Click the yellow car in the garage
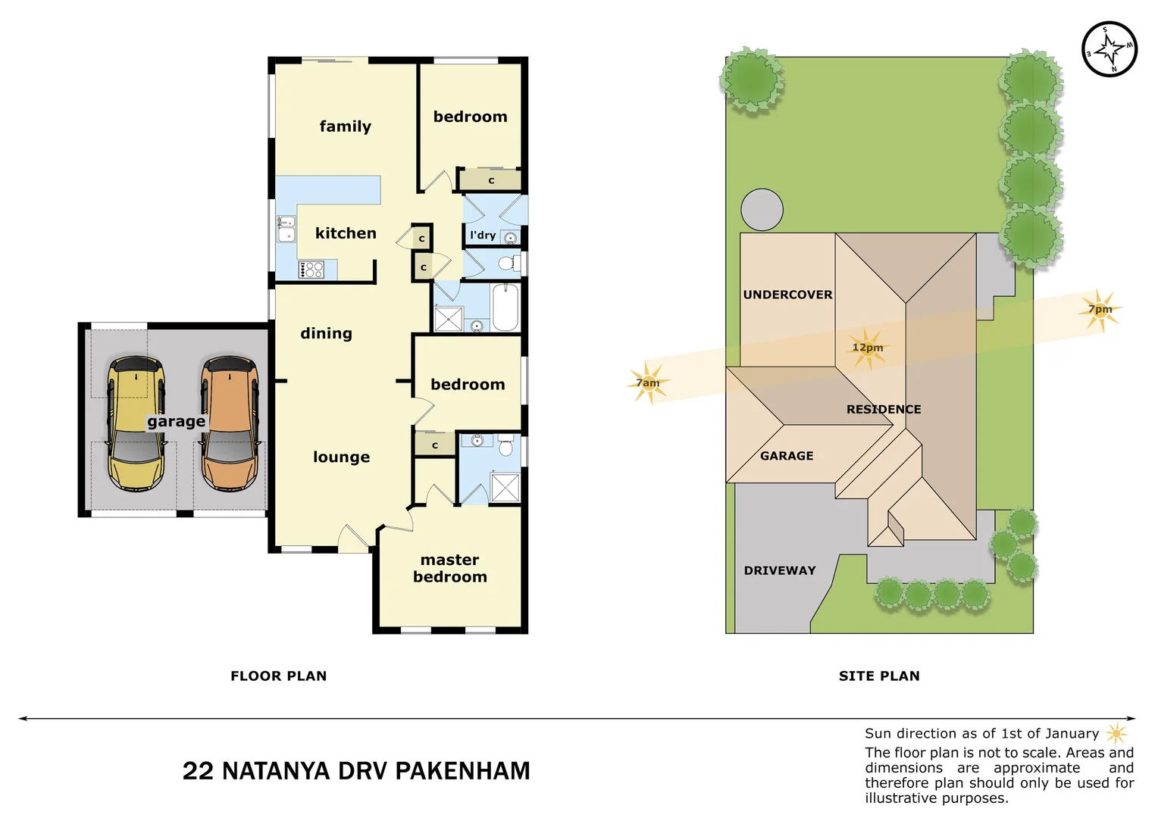coord(136,423)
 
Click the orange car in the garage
coord(230,423)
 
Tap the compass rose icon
coord(1109,49)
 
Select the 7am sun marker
coord(649,383)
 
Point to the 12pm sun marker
coord(868,348)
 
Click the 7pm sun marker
coord(1100,309)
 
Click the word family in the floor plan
coord(346,126)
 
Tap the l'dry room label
coord(483,235)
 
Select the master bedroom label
coord(450,568)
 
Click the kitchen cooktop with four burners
coord(311,270)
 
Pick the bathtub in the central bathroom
coord(505,308)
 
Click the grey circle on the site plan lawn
coord(762,210)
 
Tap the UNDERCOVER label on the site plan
coord(787,295)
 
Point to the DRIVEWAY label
coord(780,570)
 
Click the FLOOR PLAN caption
coord(279,676)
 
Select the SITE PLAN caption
coord(879,676)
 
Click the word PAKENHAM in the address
coord(462,771)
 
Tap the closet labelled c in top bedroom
coord(491,180)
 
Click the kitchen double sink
coord(286,229)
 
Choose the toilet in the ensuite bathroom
coord(506,447)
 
